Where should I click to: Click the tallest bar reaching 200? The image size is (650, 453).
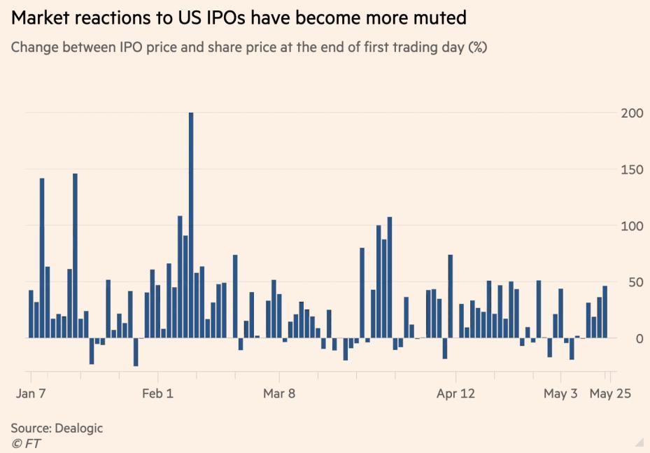[x=191, y=224]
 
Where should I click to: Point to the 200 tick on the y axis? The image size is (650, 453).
[x=630, y=113]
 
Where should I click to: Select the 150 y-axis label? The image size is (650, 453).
[x=630, y=169]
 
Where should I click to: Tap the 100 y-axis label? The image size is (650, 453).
[x=630, y=226]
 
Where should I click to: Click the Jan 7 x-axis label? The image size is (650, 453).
[x=31, y=393]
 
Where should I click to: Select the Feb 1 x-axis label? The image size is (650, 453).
[x=157, y=393]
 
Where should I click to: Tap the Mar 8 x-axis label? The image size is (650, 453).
[x=279, y=393]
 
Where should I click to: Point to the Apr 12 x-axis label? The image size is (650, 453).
[x=455, y=393]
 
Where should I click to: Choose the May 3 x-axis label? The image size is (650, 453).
[x=560, y=393]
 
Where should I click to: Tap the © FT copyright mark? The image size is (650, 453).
[x=25, y=442]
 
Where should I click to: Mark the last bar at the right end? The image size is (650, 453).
[x=605, y=312]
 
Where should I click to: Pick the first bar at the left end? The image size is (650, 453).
[x=31, y=314]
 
